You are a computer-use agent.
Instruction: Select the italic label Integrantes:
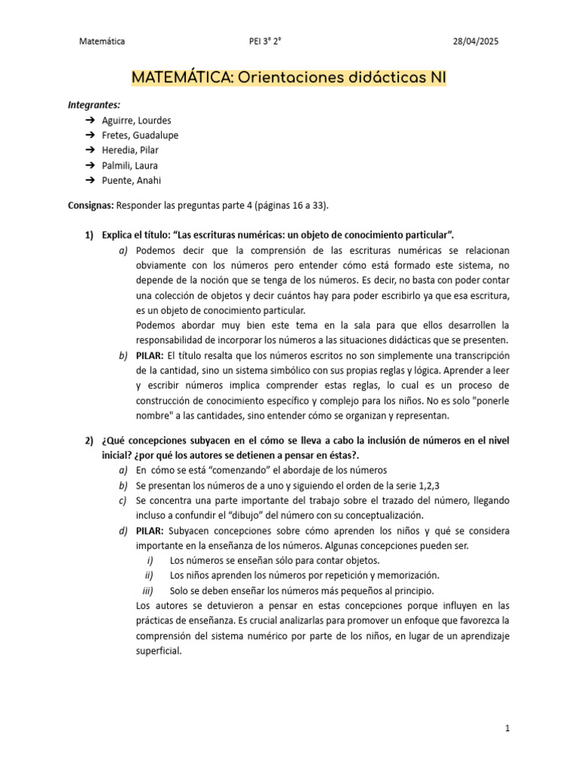pyautogui.click(x=94, y=105)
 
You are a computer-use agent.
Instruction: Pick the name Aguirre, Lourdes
pyautogui.click(x=136, y=120)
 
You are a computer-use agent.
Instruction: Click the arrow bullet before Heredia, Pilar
pyautogui.click(x=89, y=151)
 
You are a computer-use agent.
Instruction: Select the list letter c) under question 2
pyautogui.click(x=123, y=500)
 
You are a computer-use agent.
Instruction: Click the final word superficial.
pyautogui.click(x=158, y=651)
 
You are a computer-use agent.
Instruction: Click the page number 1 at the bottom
pyautogui.click(x=508, y=729)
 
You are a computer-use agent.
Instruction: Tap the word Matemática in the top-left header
pyautogui.click(x=102, y=41)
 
